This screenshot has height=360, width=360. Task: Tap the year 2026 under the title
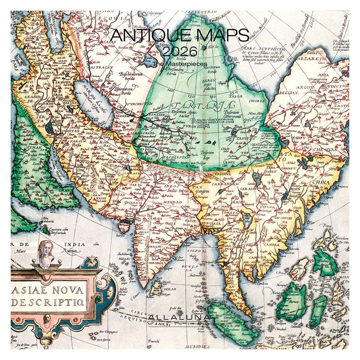point(180,51)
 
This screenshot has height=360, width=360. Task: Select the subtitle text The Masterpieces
point(180,64)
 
